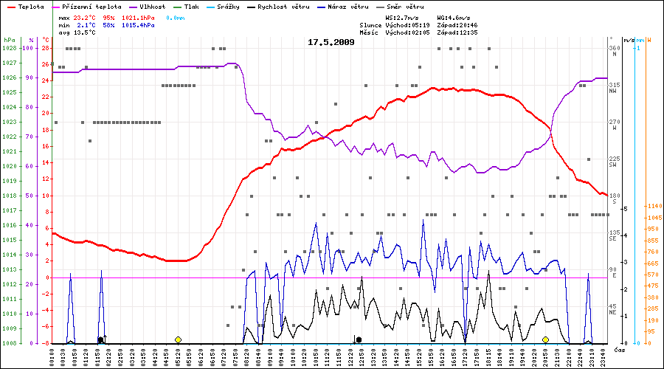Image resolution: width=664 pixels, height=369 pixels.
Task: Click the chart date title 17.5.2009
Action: pyautogui.click(x=331, y=42)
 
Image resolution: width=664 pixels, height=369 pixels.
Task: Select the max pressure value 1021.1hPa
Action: pyautogui.click(x=139, y=16)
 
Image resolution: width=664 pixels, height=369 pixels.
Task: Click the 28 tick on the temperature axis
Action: pyautogui.click(x=45, y=48)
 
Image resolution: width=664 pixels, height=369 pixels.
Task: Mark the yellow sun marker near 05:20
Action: pyautogui.click(x=178, y=339)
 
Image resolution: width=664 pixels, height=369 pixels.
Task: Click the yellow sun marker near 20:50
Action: pyautogui.click(x=545, y=339)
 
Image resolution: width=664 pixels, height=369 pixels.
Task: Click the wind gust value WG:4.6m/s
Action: pyautogui.click(x=454, y=16)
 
